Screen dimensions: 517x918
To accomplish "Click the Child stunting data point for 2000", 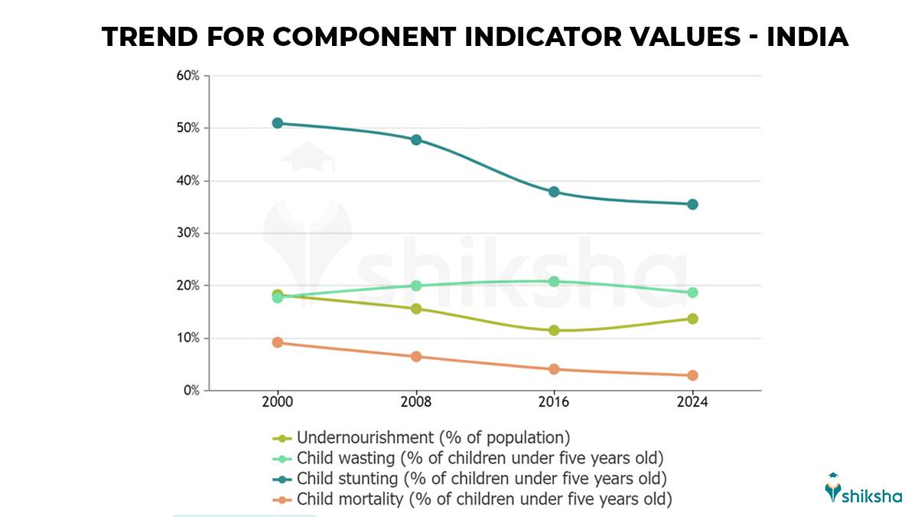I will pyautogui.click(x=278, y=123).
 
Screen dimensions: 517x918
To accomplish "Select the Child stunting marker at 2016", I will pyautogui.click(x=554, y=191).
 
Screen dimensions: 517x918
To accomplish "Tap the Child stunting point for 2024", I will pyautogui.click(x=692, y=205).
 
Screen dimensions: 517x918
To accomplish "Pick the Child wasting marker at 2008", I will pyautogui.click(x=416, y=286).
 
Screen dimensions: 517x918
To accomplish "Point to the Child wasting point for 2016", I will pyautogui.click(x=554, y=282).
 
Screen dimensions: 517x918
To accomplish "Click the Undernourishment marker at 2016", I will pyautogui.click(x=554, y=330).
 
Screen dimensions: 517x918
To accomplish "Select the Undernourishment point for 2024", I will pyautogui.click(x=692, y=319).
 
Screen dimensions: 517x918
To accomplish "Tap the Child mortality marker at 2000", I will pyautogui.click(x=278, y=342).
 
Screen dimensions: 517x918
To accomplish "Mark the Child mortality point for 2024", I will pyautogui.click(x=692, y=375).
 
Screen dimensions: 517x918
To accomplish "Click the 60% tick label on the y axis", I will pyautogui.click(x=188, y=76).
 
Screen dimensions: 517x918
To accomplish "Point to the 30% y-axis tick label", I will pyautogui.click(x=188, y=233).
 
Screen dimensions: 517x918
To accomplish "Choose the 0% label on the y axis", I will pyautogui.click(x=191, y=391).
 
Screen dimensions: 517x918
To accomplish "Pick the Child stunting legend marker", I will pyautogui.click(x=282, y=479).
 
